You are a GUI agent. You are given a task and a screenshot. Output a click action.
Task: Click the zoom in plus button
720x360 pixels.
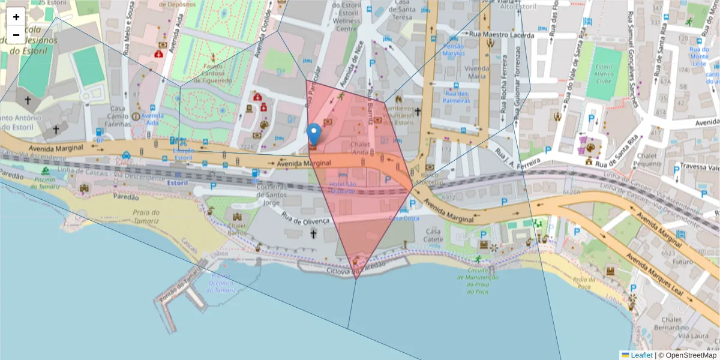click(x=16, y=17)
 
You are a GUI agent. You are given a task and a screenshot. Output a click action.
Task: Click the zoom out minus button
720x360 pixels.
click(x=16, y=35)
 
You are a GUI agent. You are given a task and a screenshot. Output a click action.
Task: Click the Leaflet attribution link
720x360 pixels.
click(x=641, y=355)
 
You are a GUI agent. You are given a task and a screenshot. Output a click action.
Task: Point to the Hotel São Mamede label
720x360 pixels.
click(x=343, y=187)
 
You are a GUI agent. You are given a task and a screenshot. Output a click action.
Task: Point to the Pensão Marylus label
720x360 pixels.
click(x=454, y=50)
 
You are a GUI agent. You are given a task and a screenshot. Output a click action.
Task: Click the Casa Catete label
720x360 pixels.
click(x=433, y=235)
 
